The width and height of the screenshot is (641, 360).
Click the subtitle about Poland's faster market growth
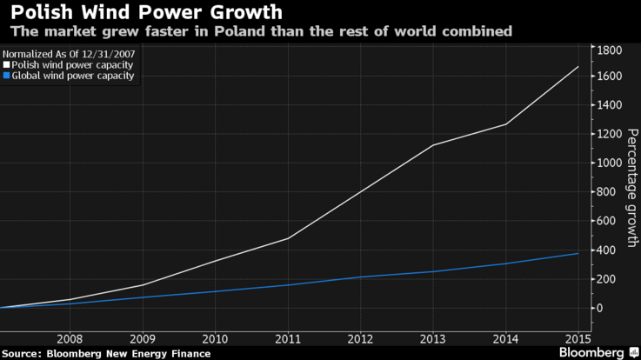[260, 31]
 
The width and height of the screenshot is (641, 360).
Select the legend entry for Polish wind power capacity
[74, 64]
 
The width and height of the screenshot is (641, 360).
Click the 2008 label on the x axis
[70, 338]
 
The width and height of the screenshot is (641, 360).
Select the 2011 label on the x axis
[287, 338]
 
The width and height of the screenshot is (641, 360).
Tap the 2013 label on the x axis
[432, 338]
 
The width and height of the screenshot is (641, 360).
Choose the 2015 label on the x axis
[578, 338]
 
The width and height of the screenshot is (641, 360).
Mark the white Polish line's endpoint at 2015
[578, 67]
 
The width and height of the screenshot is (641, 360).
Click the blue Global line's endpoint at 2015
[578, 254]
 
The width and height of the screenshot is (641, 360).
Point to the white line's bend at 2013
[432, 145]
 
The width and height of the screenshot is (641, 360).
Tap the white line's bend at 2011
[287, 238]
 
